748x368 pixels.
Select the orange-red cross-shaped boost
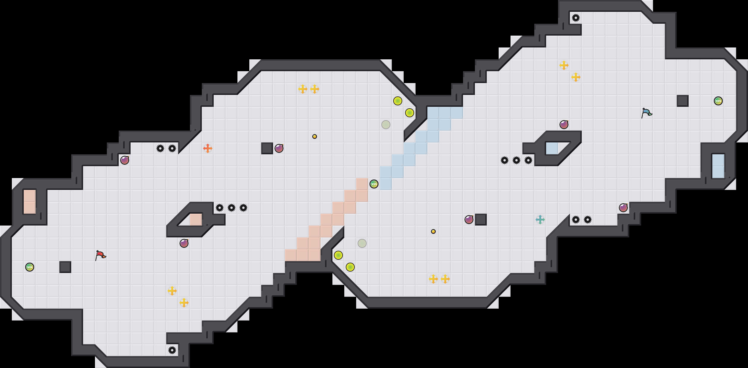(208, 148)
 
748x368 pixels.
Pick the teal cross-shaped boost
(540, 220)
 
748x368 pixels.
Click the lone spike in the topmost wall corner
(576, 18)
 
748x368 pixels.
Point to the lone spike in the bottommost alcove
(172, 350)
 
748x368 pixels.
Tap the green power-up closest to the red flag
(30, 267)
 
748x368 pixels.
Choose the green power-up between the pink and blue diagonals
(374, 184)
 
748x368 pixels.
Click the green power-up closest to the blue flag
(718, 101)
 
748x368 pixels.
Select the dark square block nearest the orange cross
(267, 148)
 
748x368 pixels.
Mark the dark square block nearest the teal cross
(481, 220)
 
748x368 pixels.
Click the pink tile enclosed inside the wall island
(196, 220)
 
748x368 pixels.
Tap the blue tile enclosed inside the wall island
(552, 148)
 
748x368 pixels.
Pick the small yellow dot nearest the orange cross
(315, 137)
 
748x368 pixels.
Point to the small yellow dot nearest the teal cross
(433, 231)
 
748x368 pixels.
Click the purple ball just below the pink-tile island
(184, 243)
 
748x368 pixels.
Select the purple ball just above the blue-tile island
(564, 125)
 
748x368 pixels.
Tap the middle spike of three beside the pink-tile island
(232, 208)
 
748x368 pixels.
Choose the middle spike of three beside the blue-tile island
(516, 160)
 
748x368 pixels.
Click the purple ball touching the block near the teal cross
(469, 220)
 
